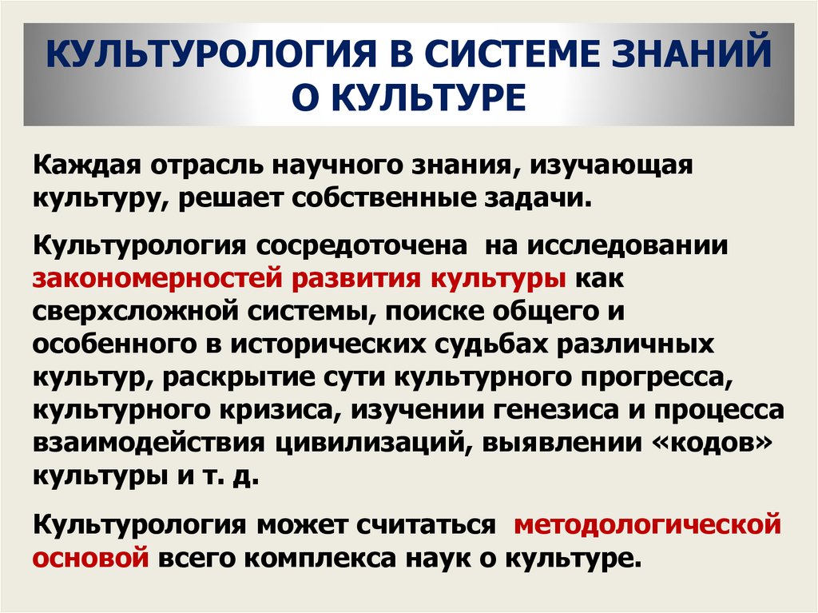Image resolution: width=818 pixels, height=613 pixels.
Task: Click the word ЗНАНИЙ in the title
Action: [691, 53]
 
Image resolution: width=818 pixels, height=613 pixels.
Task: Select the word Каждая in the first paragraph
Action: [87, 165]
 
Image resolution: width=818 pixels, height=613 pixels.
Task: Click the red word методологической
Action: [647, 525]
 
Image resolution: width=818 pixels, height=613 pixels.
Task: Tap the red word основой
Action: [91, 558]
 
